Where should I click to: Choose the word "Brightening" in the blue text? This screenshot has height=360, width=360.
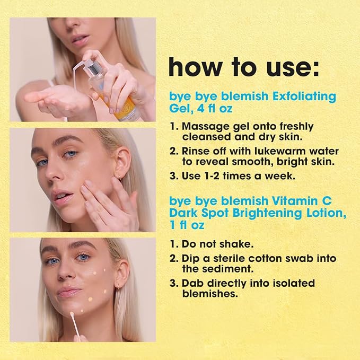267,214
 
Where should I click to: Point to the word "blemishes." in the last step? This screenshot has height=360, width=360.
210,293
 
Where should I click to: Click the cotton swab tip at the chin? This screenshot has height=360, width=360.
72,314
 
